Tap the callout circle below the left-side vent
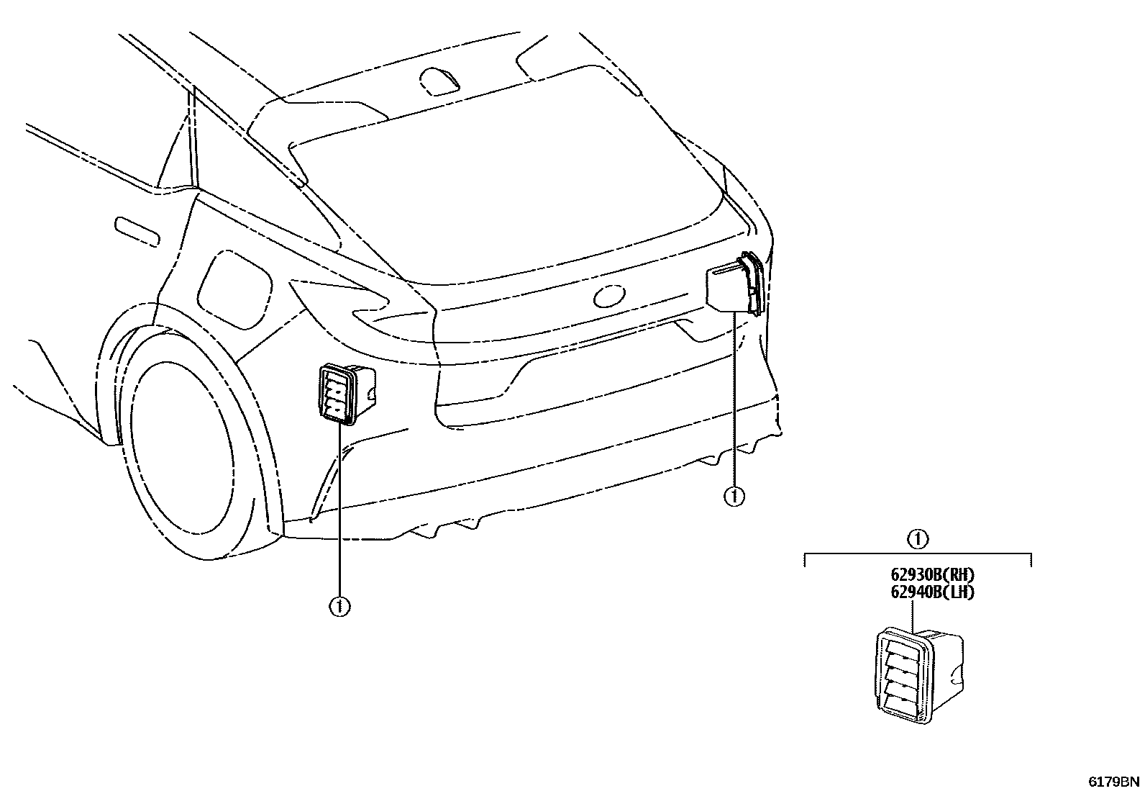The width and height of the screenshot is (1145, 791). point(339,607)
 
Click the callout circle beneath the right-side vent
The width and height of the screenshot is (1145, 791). point(734,496)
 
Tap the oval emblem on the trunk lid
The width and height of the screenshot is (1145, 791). point(608,295)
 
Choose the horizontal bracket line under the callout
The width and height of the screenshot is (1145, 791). point(918,555)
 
